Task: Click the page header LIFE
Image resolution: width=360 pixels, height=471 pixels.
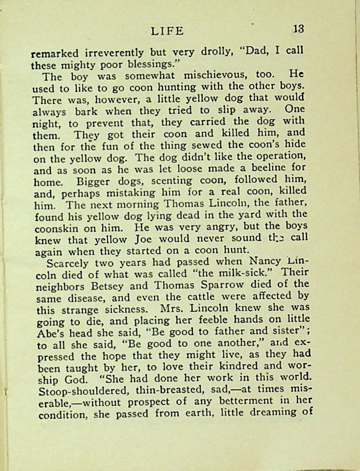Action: (167, 30)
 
